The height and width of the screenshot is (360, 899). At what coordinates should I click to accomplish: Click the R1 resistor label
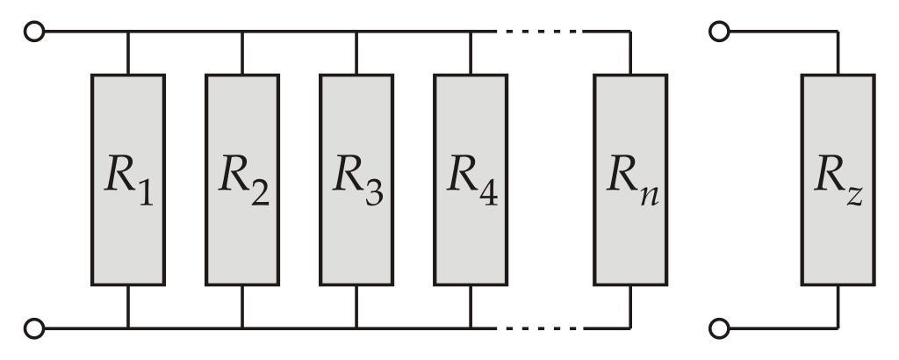point(128,181)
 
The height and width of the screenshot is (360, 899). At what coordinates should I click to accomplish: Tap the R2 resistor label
point(242,181)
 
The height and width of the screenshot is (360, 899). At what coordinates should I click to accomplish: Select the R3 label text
point(356,181)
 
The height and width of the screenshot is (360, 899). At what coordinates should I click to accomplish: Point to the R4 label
point(471,181)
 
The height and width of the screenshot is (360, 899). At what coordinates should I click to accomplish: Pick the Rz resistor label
point(838,181)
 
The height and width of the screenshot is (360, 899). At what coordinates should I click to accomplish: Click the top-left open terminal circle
point(35,32)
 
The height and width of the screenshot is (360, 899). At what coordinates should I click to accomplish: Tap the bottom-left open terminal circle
point(35,329)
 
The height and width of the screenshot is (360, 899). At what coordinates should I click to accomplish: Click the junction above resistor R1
point(128,32)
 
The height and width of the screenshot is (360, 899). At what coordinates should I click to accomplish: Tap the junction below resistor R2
point(242,329)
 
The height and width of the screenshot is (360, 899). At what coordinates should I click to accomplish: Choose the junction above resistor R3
point(356,32)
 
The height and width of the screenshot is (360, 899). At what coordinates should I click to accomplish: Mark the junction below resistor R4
point(471,329)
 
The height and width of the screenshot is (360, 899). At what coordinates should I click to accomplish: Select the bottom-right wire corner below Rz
point(838,329)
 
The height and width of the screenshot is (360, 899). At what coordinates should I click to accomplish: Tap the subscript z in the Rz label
point(854,195)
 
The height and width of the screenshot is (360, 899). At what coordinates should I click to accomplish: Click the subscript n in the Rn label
point(649,195)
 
